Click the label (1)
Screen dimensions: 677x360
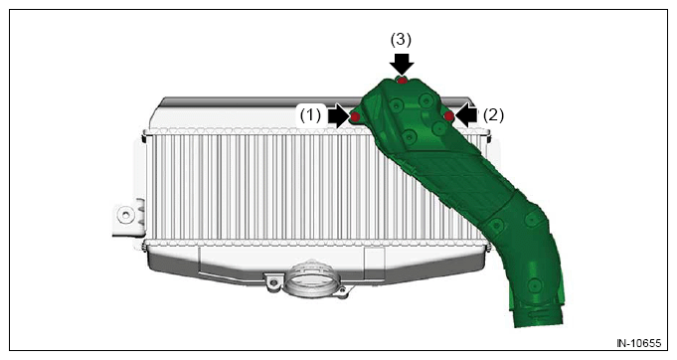(x=311, y=115)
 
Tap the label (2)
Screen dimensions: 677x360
(x=493, y=115)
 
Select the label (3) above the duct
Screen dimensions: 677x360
(x=401, y=40)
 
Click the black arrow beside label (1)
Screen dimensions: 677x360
(x=338, y=116)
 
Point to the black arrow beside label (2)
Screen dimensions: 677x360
(x=466, y=115)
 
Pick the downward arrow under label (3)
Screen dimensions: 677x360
(x=402, y=64)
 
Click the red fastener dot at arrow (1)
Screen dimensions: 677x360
(x=355, y=116)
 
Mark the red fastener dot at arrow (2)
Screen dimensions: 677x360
(x=449, y=115)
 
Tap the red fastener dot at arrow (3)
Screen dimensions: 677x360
(x=402, y=81)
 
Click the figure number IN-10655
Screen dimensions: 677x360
(x=638, y=343)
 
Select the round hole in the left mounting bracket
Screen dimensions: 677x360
(x=125, y=214)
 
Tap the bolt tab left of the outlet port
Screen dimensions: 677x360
(x=272, y=282)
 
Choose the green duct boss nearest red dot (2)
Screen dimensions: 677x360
(x=438, y=127)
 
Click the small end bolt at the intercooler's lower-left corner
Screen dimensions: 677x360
(x=144, y=248)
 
